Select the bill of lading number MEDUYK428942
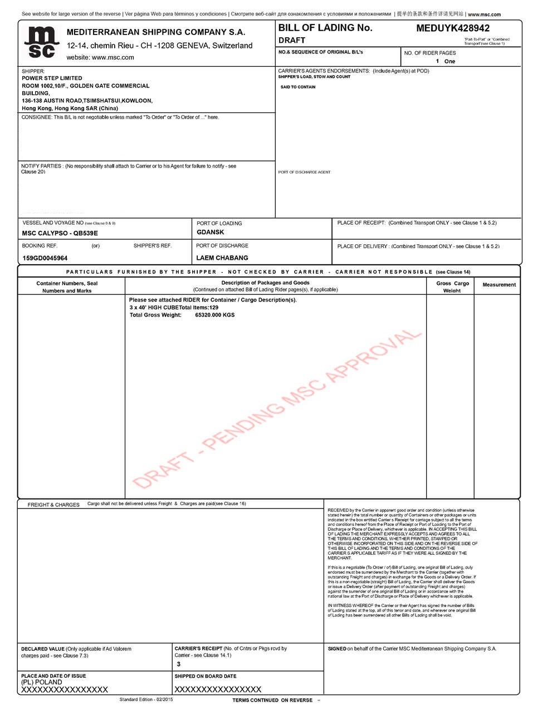pyautogui.click(x=453, y=28)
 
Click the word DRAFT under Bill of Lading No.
pyautogui.click(x=292, y=40)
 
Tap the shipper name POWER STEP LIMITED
pyautogui.click(x=52, y=78)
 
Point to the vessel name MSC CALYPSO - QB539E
pyautogui.click(x=60, y=234)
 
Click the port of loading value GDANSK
pyautogui.click(x=211, y=233)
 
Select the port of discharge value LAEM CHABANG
pyautogui.click(x=222, y=258)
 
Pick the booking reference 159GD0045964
pyautogui.click(x=45, y=258)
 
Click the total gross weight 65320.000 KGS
pyautogui.click(x=214, y=315)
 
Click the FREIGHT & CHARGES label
pyautogui.click(x=53, y=505)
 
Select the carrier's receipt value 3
pyautogui.click(x=179, y=664)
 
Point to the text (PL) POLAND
pyautogui.click(x=42, y=682)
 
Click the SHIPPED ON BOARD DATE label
pyautogui.click(x=206, y=676)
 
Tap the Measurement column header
pyautogui.click(x=499, y=285)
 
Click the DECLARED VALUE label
pyautogui.click(x=42, y=649)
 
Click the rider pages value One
pyautogui.click(x=449, y=61)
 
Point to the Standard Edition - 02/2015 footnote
pyautogui.click(x=146, y=699)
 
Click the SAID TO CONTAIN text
pyautogui.click(x=298, y=87)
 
